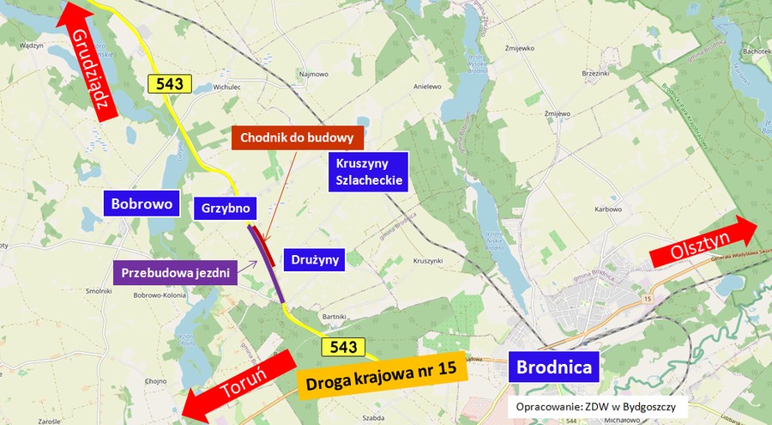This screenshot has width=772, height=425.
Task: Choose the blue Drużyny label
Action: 315,258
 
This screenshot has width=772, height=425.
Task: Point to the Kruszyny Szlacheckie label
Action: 367,171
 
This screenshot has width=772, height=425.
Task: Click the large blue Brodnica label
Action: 553,367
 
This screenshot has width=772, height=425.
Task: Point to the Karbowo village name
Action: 607,209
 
